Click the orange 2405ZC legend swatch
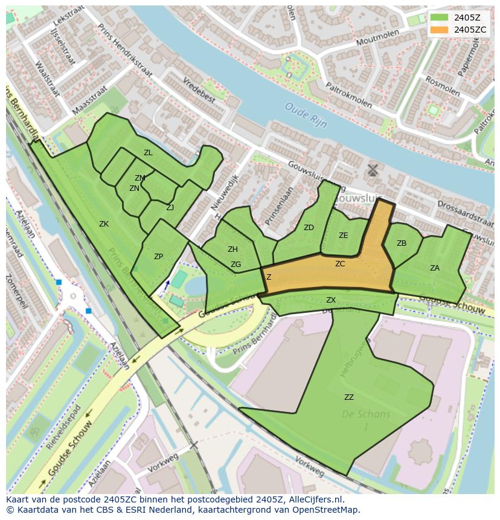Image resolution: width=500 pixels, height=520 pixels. (439, 30)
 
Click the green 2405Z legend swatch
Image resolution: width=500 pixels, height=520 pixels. (439, 18)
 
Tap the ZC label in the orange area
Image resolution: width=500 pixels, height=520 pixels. (340, 264)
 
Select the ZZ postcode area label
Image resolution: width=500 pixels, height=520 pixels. (349, 397)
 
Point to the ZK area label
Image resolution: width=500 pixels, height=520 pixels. (104, 224)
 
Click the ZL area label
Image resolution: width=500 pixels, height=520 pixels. (148, 153)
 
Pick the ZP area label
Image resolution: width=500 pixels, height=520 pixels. (158, 257)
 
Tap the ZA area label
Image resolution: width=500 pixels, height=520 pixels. (435, 268)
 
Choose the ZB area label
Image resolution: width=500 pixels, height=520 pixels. (402, 243)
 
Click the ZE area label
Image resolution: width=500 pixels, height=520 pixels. (344, 236)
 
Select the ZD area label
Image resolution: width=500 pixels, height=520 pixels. (309, 228)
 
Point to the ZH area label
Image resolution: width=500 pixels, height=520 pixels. (232, 249)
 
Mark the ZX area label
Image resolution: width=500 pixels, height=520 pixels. (331, 300)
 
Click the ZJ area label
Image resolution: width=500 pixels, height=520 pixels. (170, 208)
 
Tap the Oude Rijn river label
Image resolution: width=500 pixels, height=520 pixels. (306, 115)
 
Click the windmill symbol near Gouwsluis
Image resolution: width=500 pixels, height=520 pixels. (373, 170)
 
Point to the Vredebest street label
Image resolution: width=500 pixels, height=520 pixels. (199, 90)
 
